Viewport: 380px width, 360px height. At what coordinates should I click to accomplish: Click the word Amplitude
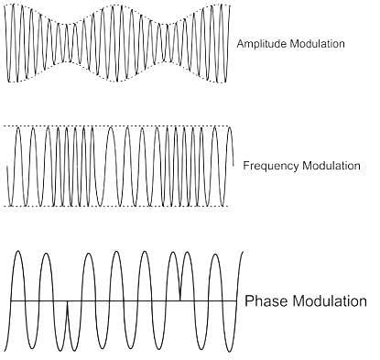[261, 43]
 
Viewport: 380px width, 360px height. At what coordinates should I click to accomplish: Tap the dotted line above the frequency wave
[119, 126]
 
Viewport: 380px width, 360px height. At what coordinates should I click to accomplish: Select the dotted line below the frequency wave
[119, 206]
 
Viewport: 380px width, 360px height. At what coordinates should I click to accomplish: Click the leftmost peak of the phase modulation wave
[19, 253]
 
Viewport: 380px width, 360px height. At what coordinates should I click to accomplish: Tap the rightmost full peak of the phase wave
[216, 254]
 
